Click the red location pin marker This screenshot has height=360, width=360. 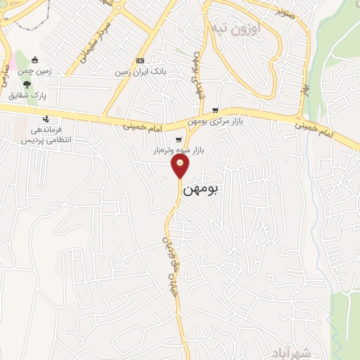181,166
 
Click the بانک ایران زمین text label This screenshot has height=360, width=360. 141,72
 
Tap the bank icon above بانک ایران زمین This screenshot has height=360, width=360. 140,61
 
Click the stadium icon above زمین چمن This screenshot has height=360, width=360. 34,60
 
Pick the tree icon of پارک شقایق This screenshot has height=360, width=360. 27,84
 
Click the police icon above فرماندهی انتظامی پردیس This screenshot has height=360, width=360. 46,119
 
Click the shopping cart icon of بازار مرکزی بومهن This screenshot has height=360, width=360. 215,110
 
